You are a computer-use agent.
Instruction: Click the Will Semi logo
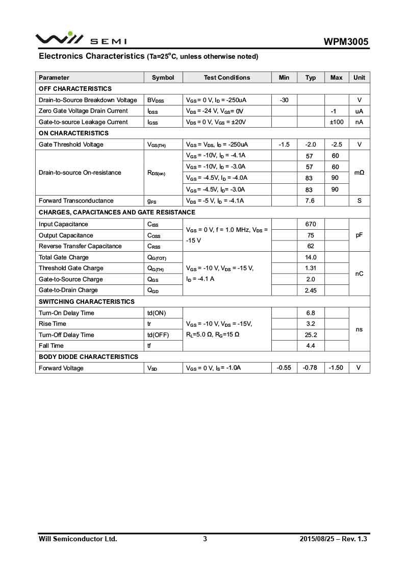[x=81, y=39]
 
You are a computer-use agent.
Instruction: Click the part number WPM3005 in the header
[x=346, y=42]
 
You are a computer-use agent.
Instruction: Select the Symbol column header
[x=163, y=78]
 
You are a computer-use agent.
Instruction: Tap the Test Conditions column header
[x=227, y=78]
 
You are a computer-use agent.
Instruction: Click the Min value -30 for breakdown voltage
[x=284, y=100]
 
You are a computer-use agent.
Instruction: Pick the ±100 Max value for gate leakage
[x=336, y=122]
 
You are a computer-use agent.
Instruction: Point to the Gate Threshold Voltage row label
[x=71, y=144]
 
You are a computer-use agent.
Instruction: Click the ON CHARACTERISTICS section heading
[x=73, y=133]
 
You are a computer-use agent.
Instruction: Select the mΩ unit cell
[x=359, y=173]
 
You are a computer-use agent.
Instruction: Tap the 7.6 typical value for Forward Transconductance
[x=310, y=201]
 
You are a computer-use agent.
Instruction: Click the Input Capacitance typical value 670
[x=310, y=224]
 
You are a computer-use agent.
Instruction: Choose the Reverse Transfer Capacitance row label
[x=80, y=246]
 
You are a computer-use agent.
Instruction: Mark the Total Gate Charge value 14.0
[x=310, y=257]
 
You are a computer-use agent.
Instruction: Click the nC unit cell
[x=359, y=274]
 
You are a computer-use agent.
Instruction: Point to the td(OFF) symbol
[x=158, y=335]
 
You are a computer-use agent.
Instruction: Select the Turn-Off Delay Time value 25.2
[x=310, y=335]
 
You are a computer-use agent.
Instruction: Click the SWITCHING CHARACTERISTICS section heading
[x=87, y=302]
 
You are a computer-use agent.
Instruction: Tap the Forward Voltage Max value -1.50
[x=336, y=368]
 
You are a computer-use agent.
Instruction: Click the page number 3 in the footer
[x=205, y=539]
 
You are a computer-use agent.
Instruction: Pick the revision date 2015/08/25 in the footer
[x=315, y=539]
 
